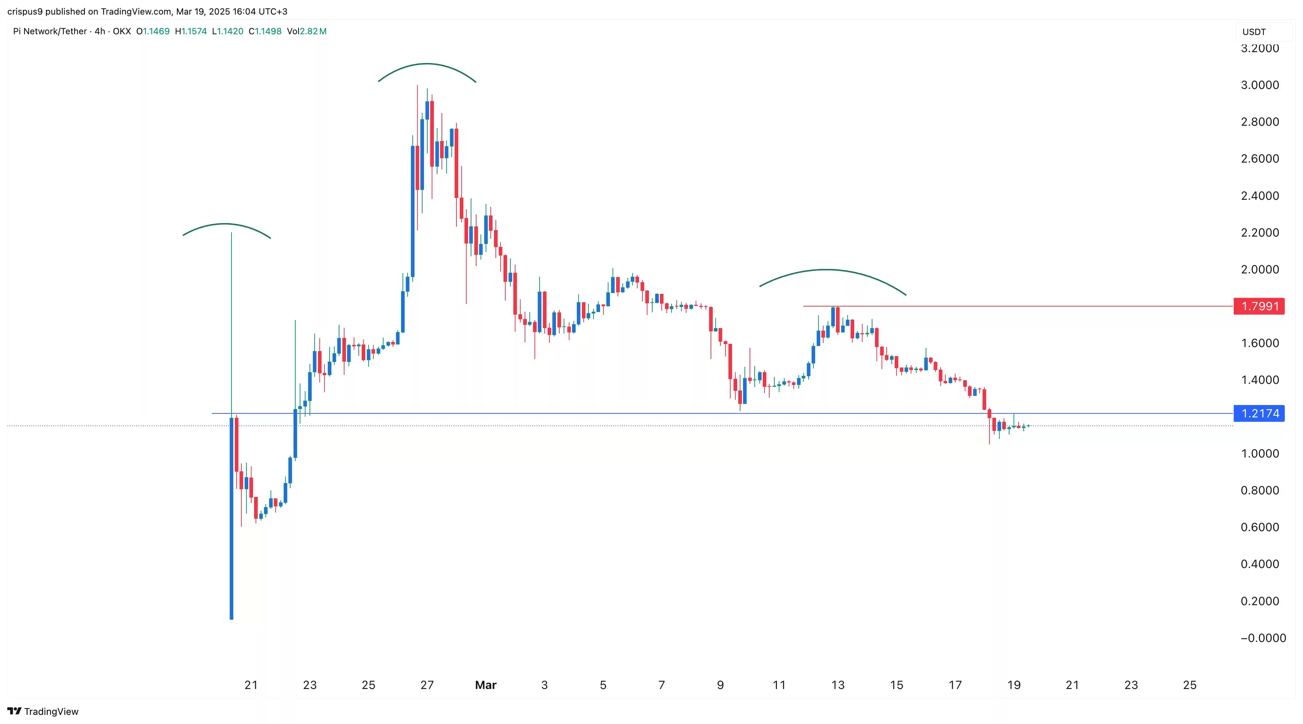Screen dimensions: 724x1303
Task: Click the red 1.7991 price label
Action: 1259,306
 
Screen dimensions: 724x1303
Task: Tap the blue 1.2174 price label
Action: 1259,413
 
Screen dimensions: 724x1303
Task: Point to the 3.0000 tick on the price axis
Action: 1260,85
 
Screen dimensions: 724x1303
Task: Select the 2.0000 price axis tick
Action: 1260,269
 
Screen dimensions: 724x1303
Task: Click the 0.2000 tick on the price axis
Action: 1260,601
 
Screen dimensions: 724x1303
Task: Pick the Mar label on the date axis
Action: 486,685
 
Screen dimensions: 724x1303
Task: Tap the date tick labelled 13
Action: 838,685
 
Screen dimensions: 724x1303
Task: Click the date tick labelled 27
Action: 427,685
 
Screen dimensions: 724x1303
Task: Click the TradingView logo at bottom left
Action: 43,711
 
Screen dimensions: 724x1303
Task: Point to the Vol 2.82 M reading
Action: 307,31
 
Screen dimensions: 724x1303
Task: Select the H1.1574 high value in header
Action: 191,31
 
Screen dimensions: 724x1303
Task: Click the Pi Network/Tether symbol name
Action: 50,31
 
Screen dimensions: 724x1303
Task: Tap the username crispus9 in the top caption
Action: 25,11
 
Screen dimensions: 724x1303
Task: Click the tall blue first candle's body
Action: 232,516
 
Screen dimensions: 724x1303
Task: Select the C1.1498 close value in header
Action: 265,31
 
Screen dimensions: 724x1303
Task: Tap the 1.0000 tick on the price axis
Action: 1260,454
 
